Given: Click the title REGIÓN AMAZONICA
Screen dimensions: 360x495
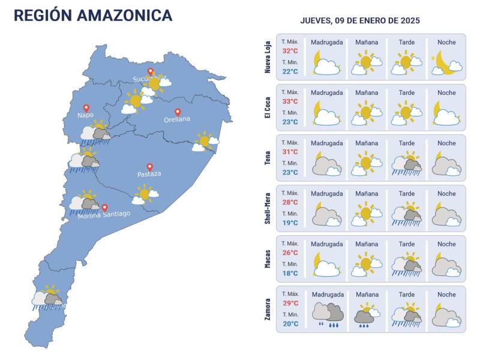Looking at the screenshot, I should [x=93, y=16].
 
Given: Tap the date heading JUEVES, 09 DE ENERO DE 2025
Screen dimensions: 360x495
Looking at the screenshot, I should [x=360, y=20].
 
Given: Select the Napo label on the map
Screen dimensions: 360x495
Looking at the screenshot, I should [x=86, y=115].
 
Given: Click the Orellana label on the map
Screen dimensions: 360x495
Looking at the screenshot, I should [x=177, y=119].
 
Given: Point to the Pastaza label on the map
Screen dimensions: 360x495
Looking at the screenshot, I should [x=149, y=174].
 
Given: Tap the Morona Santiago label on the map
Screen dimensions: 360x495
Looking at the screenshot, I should [x=104, y=215].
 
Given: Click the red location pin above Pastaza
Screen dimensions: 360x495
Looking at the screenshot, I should [x=149, y=167].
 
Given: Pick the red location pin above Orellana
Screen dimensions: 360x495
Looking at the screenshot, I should [x=178, y=112].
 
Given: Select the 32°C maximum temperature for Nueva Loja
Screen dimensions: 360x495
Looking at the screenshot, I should [x=290, y=51].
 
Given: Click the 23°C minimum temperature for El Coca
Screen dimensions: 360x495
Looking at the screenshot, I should [x=290, y=122].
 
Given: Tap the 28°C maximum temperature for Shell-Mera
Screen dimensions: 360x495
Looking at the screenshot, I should [x=290, y=202].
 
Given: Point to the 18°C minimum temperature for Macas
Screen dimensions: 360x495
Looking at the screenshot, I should [x=290, y=274].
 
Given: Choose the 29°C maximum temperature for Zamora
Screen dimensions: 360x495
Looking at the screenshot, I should [x=290, y=303].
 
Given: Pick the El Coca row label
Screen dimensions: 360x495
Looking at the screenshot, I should [x=268, y=107].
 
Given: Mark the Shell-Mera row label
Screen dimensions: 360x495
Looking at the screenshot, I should [x=268, y=208].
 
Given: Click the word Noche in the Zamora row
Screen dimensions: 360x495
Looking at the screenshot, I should [x=446, y=295].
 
